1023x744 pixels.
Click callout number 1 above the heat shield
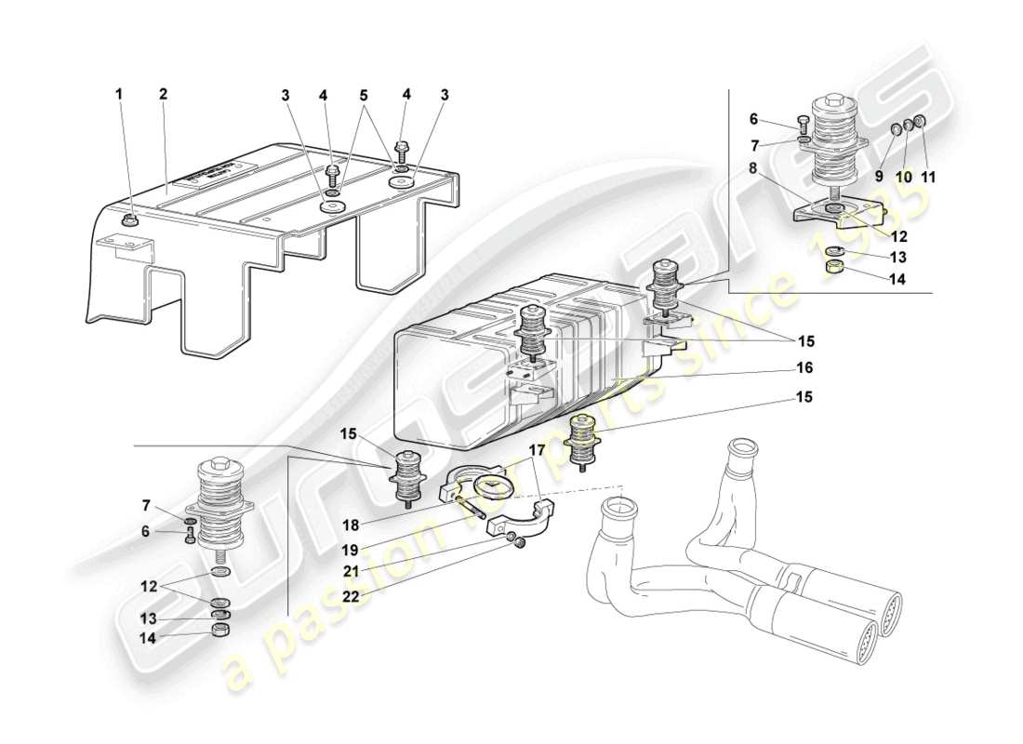(x=118, y=94)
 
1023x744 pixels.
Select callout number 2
(x=163, y=94)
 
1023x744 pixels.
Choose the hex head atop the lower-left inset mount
(x=220, y=461)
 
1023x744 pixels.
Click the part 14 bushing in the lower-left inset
(x=220, y=631)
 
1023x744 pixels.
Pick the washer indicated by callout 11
(x=920, y=122)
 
